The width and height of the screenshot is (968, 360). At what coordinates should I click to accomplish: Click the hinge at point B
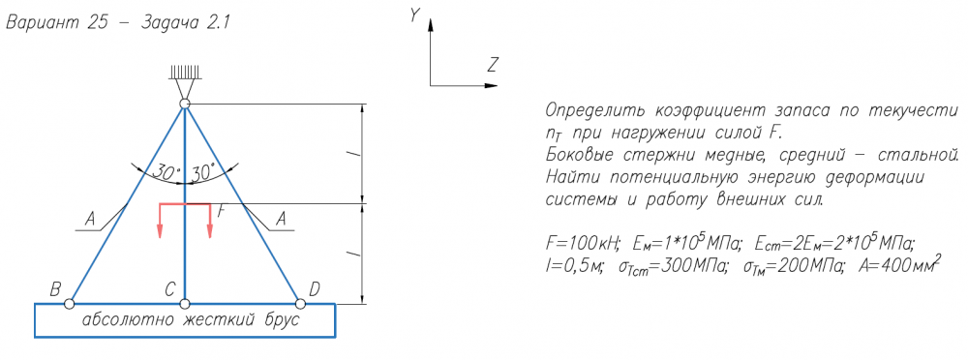(69, 304)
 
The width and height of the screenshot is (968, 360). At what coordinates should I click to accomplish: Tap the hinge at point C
(185, 304)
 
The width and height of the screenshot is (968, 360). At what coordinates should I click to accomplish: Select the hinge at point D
(301, 304)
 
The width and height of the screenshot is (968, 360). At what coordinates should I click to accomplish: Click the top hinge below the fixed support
(185, 104)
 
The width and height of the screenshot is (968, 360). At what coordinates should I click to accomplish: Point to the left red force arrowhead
(160, 231)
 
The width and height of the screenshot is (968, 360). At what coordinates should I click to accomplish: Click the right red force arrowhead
(210, 231)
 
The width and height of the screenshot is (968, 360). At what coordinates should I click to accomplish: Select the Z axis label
(492, 64)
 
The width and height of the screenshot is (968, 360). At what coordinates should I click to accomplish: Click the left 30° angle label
(166, 173)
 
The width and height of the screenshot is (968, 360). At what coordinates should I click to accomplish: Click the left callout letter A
(90, 218)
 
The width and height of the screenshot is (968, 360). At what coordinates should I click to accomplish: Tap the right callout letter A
(282, 218)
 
